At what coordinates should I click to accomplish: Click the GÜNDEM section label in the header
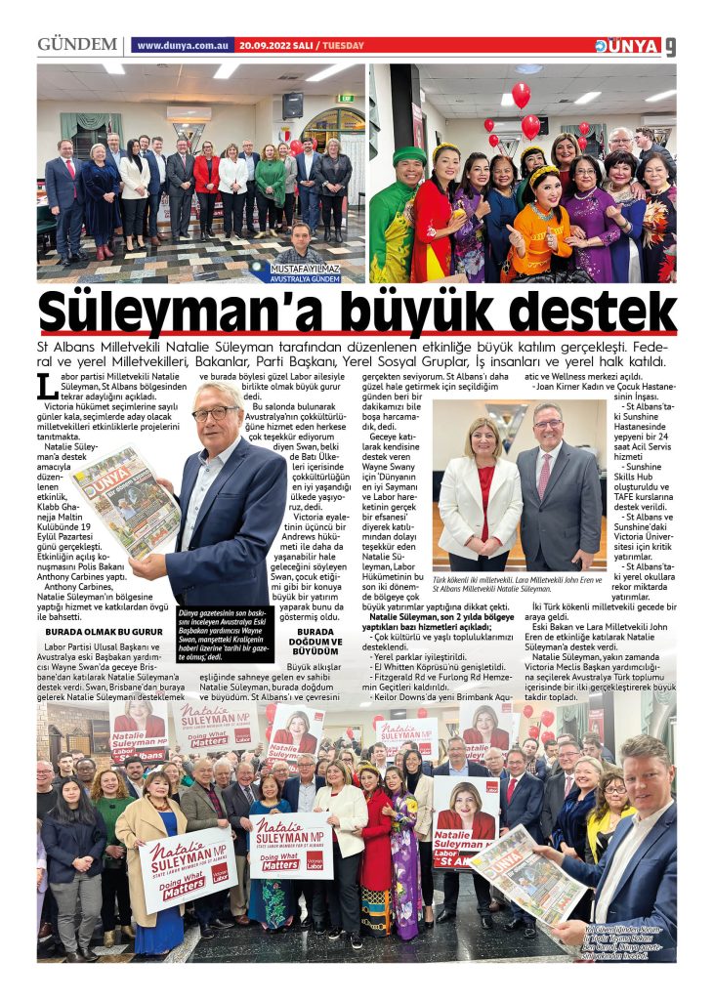[x=76, y=45]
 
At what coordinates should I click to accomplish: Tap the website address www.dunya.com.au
[x=183, y=46]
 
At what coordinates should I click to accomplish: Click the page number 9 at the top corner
[x=670, y=46]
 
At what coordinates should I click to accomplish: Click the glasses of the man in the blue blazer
[x=214, y=413]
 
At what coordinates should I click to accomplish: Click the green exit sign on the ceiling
[x=345, y=98]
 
